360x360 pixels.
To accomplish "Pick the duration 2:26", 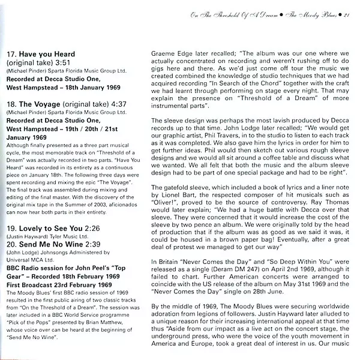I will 91,228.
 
